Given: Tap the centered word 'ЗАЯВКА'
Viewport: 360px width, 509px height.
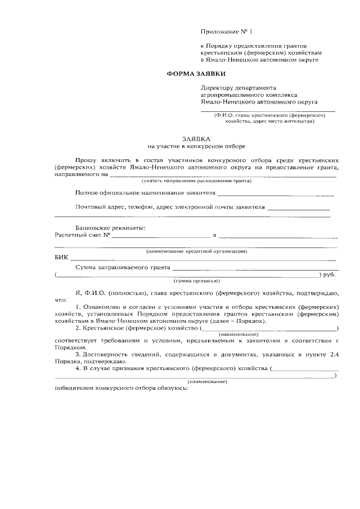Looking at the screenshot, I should click(x=196, y=138).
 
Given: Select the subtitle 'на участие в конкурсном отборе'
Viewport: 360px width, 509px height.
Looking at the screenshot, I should click(x=196, y=147).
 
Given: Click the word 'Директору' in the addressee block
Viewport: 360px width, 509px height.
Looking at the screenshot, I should click(x=218, y=88).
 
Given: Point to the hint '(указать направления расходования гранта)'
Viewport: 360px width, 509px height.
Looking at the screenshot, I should click(x=196, y=181).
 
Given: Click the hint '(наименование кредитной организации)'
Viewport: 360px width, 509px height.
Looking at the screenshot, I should click(x=196, y=251).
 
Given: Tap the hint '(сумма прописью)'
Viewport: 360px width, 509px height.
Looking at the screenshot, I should click(x=196, y=281).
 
